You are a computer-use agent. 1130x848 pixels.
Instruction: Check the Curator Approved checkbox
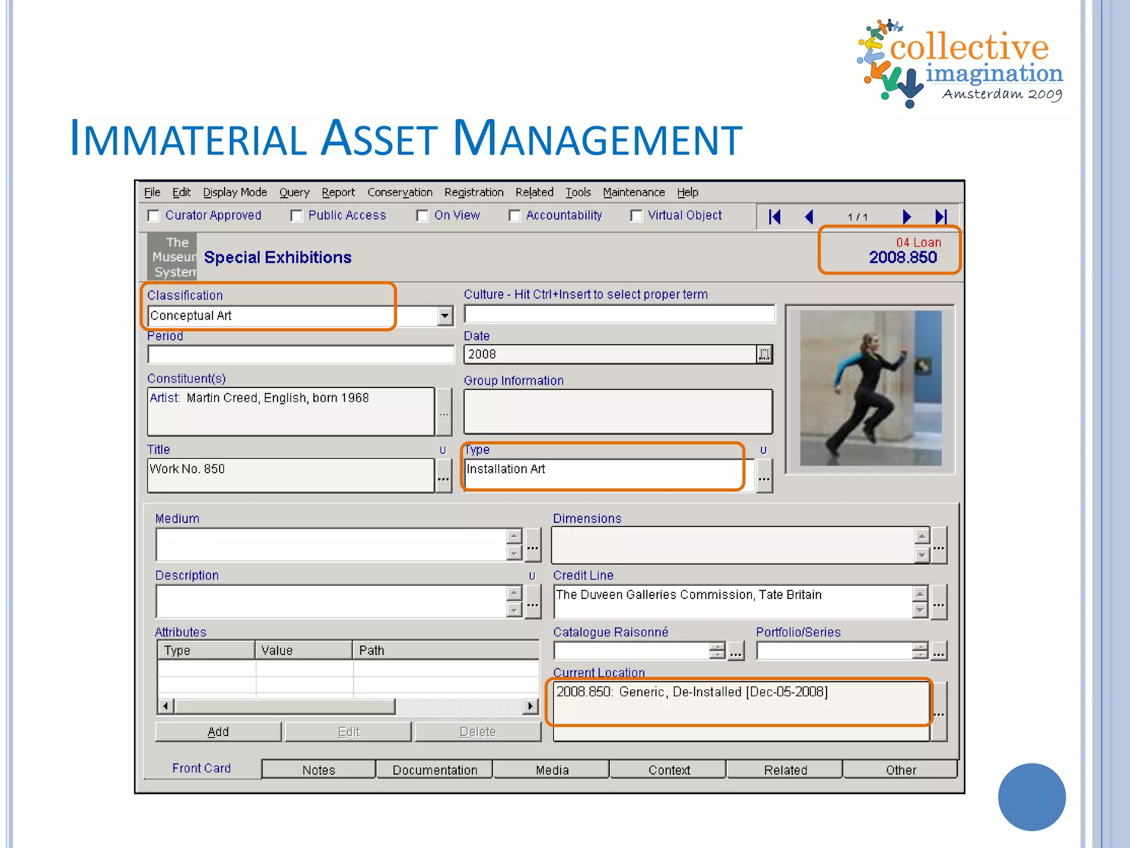pyautogui.click(x=154, y=216)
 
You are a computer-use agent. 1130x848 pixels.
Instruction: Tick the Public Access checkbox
pyautogui.click(x=297, y=216)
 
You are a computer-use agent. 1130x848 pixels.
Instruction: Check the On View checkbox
pyautogui.click(x=423, y=216)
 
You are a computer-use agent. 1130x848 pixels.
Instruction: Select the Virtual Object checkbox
pyautogui.click(x=637, y=216)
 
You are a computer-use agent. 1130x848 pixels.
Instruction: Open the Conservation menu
pyautogui.click(x=399, y=192)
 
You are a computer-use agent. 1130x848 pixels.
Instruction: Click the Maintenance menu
pyautogui.click(x=633, y=192)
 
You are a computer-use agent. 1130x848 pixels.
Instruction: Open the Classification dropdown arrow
pyautogui.click(x=445, y=316)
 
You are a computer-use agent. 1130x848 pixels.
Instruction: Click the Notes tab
pyautogui.click(x=318, y=770)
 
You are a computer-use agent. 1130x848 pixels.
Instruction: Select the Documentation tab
pyautogui.click(x=435, y=770)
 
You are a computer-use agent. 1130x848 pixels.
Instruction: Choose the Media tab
pyautogui.click(x=552, y=770)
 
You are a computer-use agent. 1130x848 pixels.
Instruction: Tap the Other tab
pyautogui.click(x=900, y=770)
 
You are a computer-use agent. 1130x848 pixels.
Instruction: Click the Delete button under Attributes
pyautogui.click(x=478, y=732)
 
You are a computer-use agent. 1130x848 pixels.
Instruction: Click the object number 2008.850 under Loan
pyautogui.click(x=903, y=257)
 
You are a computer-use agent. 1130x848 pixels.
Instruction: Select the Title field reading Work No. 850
pyautogui.click(x=290, y=475)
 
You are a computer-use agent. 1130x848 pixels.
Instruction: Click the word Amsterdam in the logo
pyautogui.click(x=982, y=94)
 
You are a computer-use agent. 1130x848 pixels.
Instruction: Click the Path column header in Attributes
pyautogui.click(x=445, y=650)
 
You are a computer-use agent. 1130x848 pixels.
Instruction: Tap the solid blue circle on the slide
pyautogui.click(x=1031, y=797)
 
